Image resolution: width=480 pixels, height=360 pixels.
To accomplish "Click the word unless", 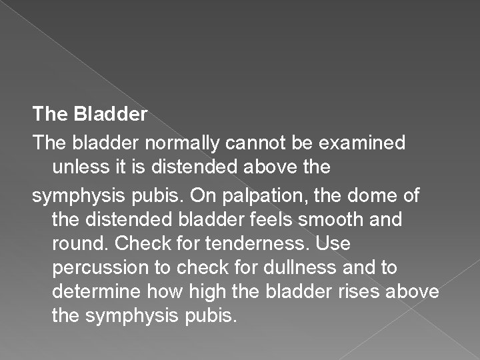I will point(75,167).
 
